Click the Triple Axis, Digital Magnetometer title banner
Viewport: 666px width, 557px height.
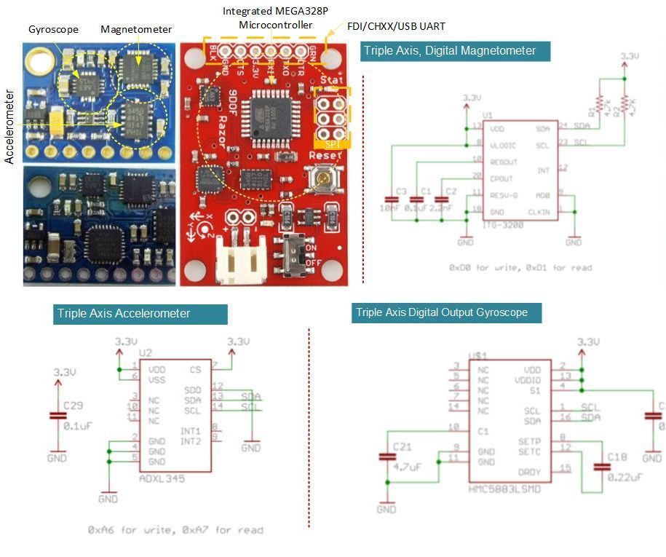pyautogui.click(x=455, y=51)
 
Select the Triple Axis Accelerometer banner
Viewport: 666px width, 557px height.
pyautogui.click(x=140, y=314)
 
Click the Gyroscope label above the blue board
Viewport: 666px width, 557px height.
pyautogui.click(x=54, y=30)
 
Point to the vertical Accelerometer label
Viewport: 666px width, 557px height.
pyautogui.click(x=10, y=127)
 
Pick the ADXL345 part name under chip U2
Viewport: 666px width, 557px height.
pyautogui.click(x=161, y=479)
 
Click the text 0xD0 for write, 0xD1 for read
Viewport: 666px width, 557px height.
pyautogui.click(x=520, y=268)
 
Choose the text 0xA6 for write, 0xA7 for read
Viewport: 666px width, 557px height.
pyautogui.click(x=175, y=530)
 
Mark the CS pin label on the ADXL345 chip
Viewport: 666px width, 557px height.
pyautogui.click(x=194, y=369)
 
